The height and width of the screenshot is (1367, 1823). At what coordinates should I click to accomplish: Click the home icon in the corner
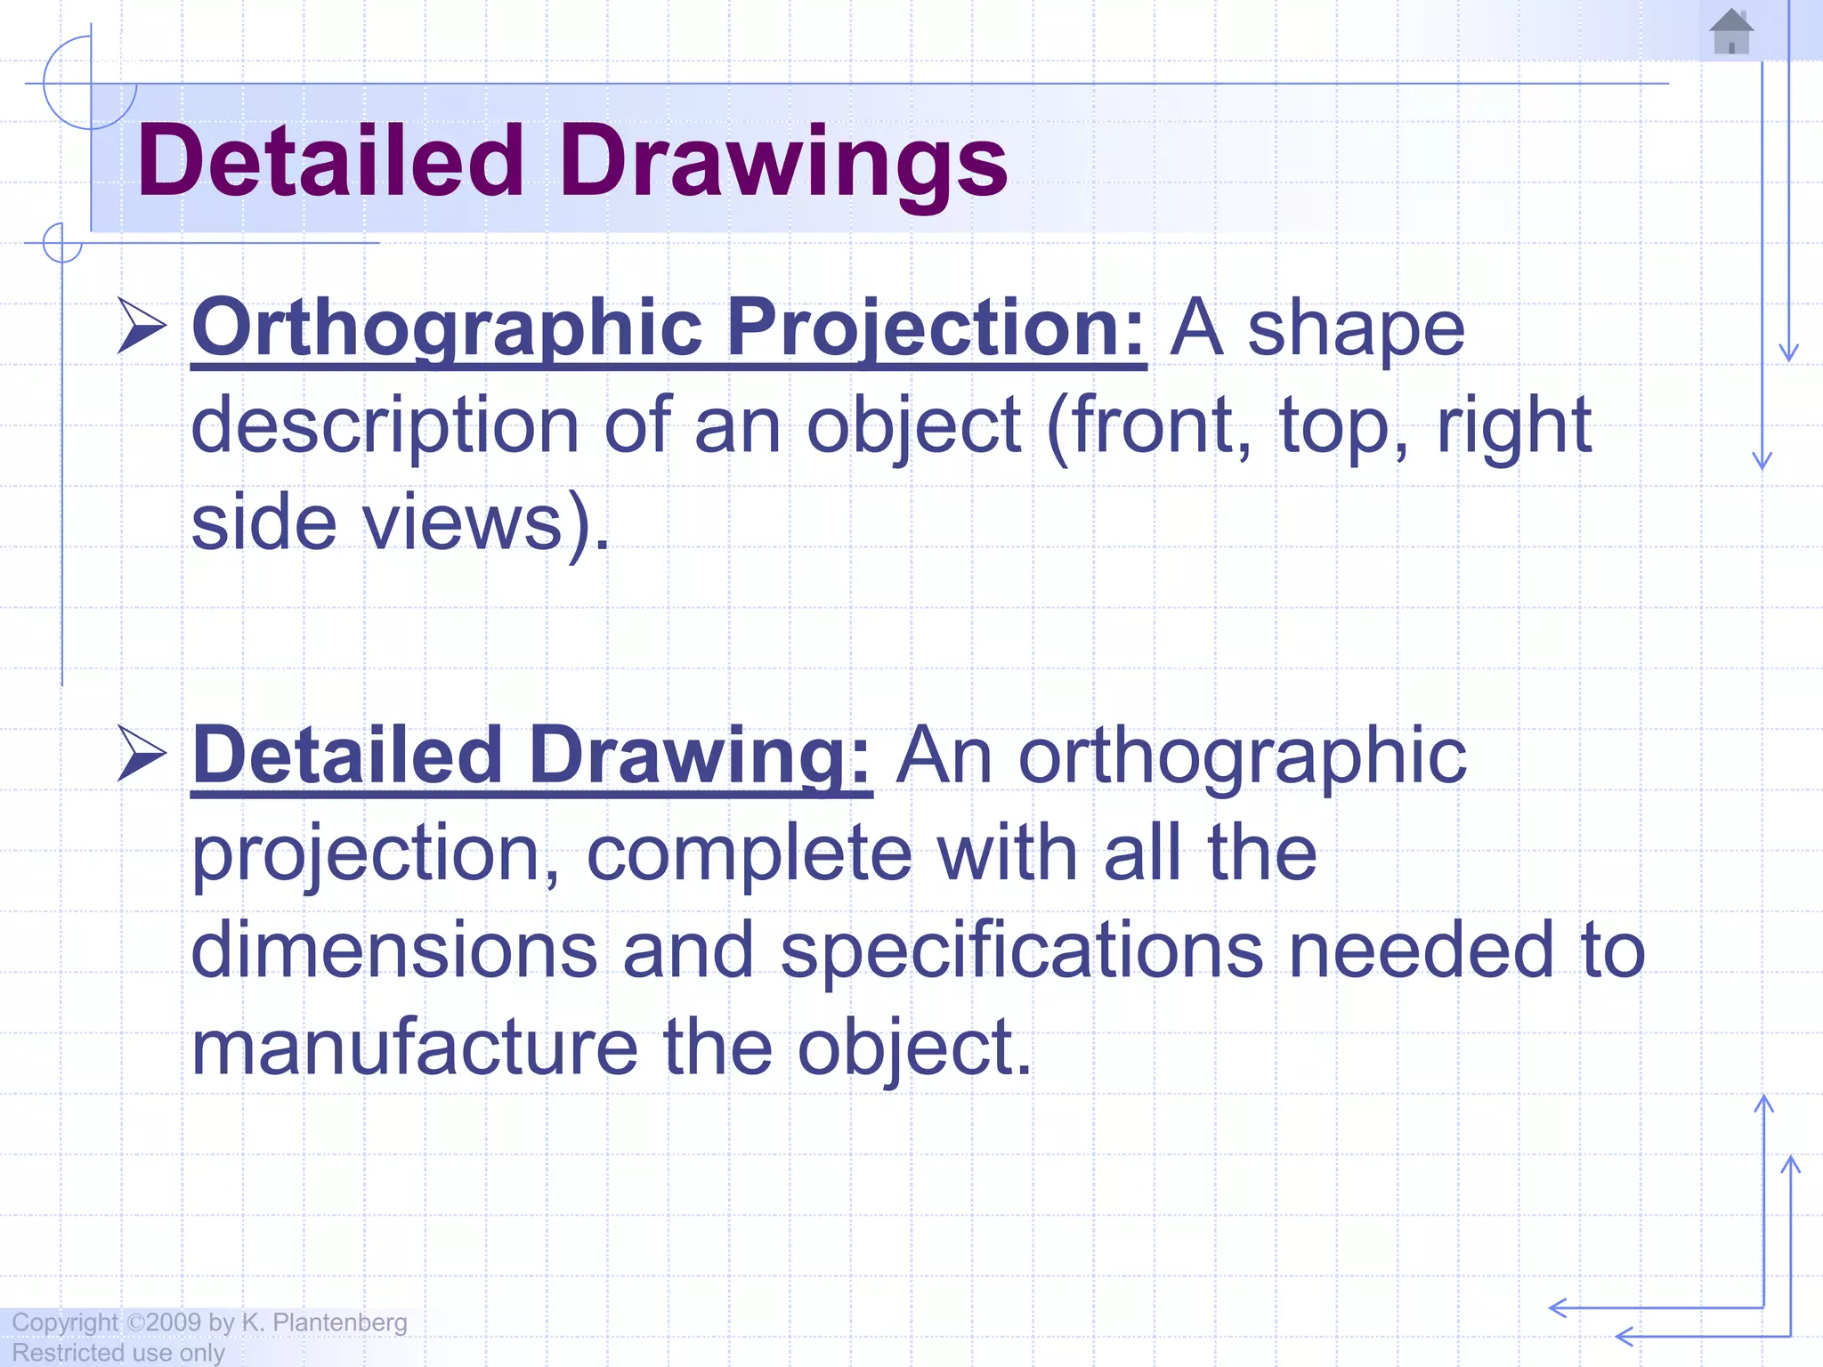1731,32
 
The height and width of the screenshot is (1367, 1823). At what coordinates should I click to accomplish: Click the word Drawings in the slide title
783,162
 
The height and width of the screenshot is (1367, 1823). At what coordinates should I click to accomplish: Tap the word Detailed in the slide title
330,162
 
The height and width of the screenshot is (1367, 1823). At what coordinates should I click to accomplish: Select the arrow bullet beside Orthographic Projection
142,327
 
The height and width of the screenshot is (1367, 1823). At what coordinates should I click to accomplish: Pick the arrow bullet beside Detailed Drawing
142,754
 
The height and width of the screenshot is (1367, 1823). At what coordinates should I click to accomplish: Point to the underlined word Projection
936,328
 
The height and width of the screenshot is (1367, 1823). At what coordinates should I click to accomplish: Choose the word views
463,522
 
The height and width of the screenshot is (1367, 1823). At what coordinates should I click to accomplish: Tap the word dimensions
393,950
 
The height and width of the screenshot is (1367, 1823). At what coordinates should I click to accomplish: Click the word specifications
1021,950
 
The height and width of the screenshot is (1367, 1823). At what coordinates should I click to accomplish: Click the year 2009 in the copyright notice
173,1323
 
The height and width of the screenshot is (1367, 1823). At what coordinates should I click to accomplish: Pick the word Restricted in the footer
68,1353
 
